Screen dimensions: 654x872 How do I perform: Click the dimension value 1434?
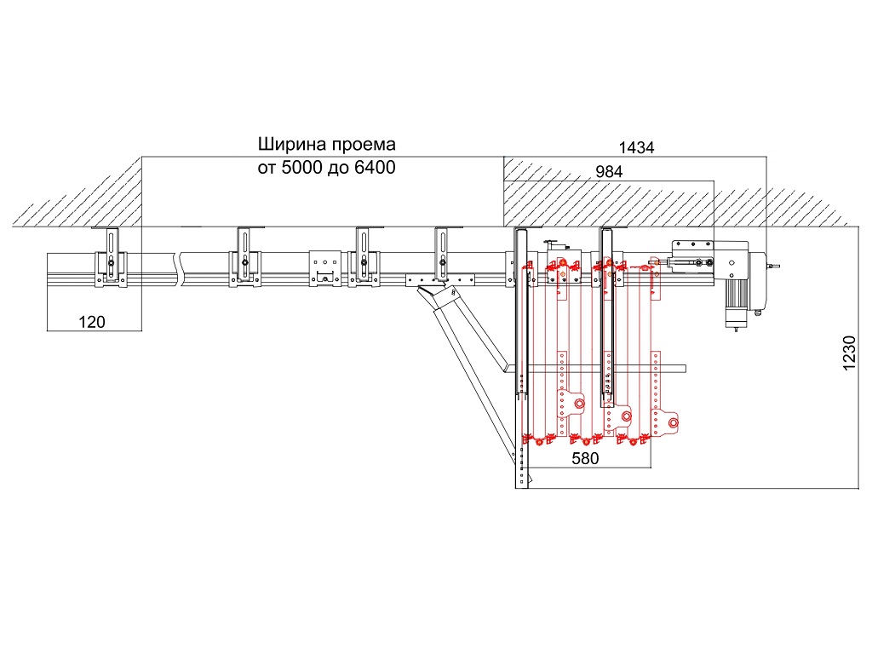636,147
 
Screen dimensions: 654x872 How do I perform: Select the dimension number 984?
609,171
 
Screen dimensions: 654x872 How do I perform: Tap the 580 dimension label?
586,458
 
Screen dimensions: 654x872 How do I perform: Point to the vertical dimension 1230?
848,353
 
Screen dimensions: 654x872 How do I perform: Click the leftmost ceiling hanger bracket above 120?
112,258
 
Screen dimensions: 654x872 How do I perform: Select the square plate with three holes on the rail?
324,267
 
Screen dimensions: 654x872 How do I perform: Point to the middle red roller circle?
626,416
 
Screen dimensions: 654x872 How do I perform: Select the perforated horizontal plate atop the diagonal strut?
439,279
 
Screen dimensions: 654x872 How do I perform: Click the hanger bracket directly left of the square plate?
244,258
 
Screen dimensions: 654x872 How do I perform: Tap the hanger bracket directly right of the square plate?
364,258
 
